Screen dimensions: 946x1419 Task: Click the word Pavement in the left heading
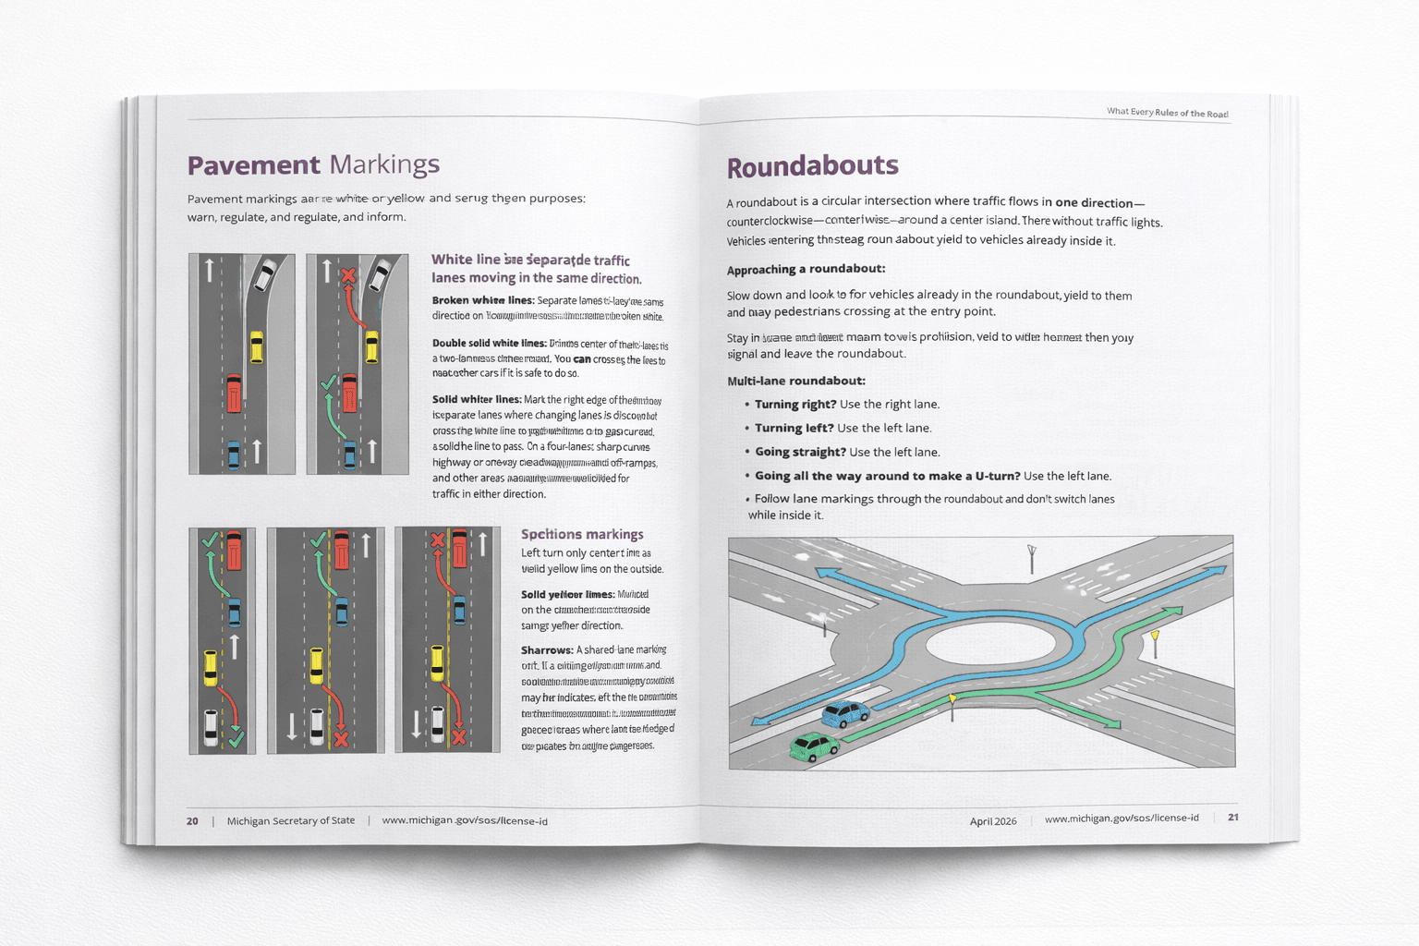click(253, 165)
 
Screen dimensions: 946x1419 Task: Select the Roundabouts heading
click(812, 166)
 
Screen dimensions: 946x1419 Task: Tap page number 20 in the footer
click(192, 820)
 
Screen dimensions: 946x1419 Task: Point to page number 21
click(1232, 817)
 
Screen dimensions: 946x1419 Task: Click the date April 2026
click(993, 820)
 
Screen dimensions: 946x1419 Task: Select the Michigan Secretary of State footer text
click(290, 820)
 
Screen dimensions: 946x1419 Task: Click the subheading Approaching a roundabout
click(806, 270)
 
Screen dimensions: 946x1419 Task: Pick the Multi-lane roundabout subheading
click(796, 381)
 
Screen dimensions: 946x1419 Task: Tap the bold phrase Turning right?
click(795, 405)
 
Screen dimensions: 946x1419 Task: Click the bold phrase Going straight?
click(800, 453)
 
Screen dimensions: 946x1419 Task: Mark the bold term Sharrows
click(546, 650)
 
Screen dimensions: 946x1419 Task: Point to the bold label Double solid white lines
click(489, 344)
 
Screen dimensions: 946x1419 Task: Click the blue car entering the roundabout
click(845, 713)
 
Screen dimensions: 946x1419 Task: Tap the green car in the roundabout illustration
click(814, 746)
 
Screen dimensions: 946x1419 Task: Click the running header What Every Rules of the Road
click(1168, 113)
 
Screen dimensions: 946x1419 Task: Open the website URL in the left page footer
click(465, 820)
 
